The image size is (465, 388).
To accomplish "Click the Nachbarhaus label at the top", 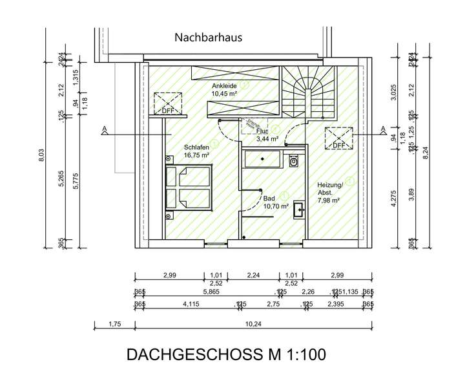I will tap(208, 38).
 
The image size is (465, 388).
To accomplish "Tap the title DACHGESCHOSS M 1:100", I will tap(226, 355).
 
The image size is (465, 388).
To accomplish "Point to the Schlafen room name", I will tap(196, 147).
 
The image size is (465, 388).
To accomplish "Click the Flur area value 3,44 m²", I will tap(267, 138).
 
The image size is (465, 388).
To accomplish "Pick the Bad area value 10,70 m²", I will tap(274, 207).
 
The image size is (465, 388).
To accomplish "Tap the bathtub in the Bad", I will tap(263, 158).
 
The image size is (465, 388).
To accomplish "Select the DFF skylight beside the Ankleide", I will tap(167, 104).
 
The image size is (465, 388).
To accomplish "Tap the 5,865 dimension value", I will tap(211, 292).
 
